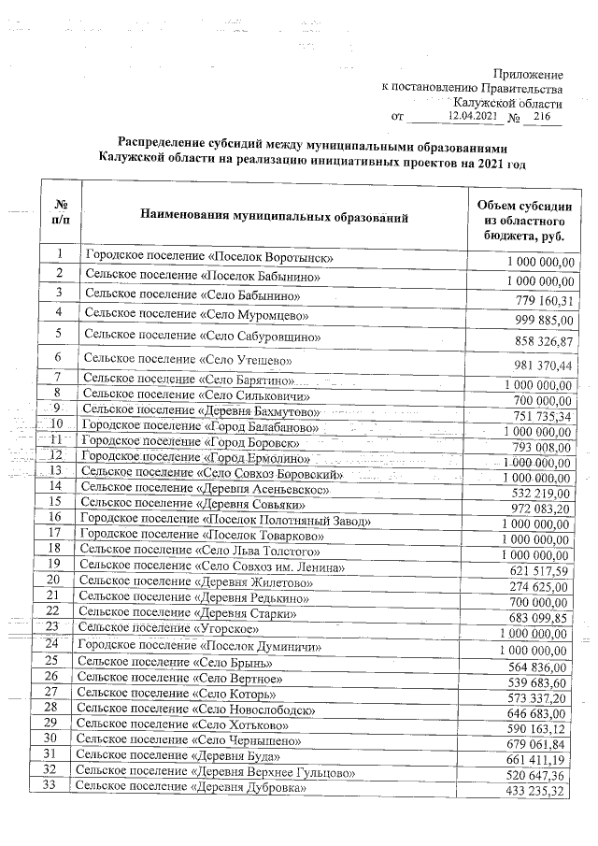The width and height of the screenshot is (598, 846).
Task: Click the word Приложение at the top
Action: coord(528,73)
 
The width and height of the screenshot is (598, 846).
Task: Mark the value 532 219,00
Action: coord(534,493)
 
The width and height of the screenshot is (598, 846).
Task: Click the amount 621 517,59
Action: coord(533,569)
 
